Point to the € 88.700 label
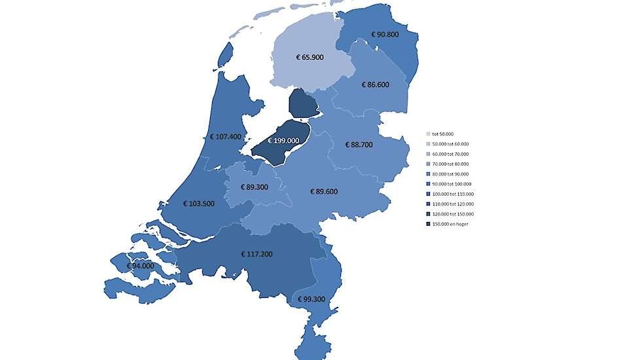359,144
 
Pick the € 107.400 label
226,137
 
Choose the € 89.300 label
255,187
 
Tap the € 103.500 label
198,204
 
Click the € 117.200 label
256,253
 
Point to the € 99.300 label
311,299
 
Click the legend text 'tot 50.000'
444,134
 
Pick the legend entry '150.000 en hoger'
452,224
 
